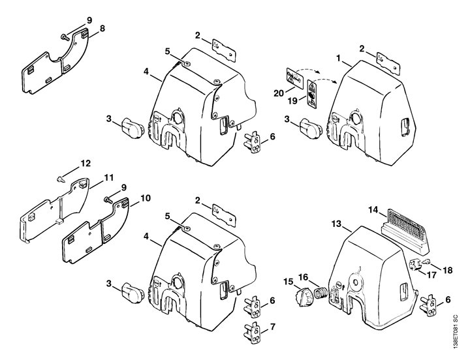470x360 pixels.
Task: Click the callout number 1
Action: coord(339,59)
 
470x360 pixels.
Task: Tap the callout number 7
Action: coord(272,327)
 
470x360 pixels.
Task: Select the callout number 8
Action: coord(102,29)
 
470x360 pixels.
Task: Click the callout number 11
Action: coord(109,177)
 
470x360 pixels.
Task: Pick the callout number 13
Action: coord(337,224)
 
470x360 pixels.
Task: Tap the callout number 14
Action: coord(373,210)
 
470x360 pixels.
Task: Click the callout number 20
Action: coord(279,93)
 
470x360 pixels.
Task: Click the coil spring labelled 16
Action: coord(319,292)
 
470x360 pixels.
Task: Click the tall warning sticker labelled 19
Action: coord(312,95)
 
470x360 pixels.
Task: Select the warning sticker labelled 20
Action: coord(294,78)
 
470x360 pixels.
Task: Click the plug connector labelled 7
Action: coord(253,333)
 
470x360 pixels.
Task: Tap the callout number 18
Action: coord(447,270)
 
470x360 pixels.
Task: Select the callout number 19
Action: coord(293,101)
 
